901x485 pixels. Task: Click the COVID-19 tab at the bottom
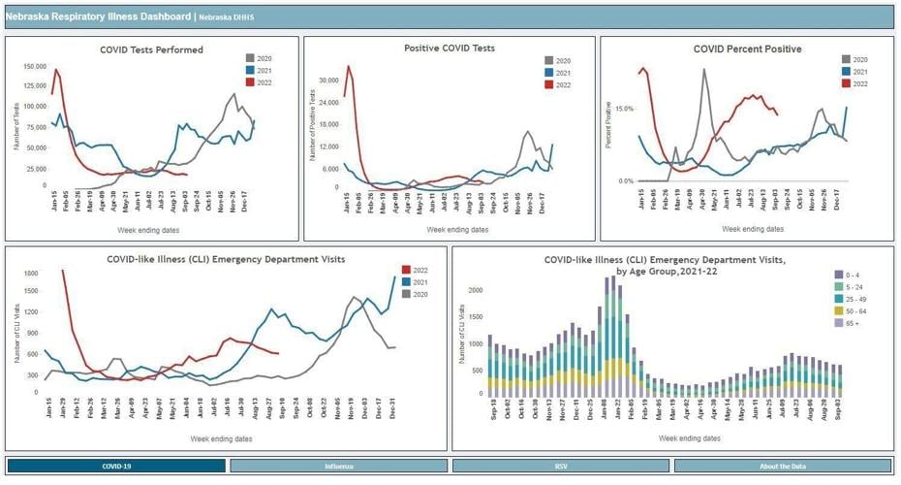(x=116, y=467)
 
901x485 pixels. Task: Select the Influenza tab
(x=338, y=467)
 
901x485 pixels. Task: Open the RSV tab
(x=560, y=467)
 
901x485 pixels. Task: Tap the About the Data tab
(x=782, y=467)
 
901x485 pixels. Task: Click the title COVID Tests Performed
(x=151, y=49)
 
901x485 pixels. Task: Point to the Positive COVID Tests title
(x=449, y=48)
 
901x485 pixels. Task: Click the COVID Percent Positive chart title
(x=747, y=48)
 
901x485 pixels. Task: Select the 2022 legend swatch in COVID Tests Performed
(x=251, y=82)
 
